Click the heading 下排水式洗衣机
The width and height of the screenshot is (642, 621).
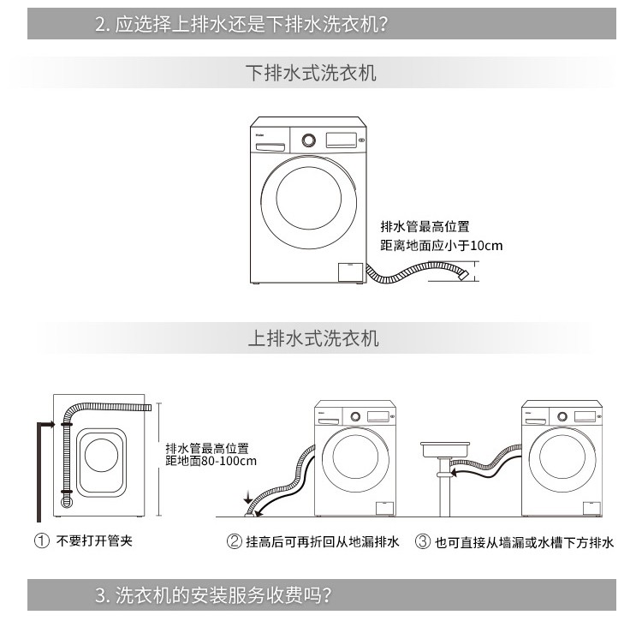pyautogui.click(x=311, y=73)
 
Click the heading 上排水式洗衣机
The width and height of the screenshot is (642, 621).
pyautogui.click(x=313, y=338)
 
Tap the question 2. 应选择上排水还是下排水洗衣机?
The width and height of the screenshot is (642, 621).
pyautogui.click(x=241, y=24)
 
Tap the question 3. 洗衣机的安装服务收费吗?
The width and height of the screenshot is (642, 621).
pyautogui.click(x=213, y=594)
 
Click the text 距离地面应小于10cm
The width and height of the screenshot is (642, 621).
pyautogui.click(x=442, y=245)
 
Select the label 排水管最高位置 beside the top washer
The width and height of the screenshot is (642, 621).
pyautogui.click(x=425, y=226)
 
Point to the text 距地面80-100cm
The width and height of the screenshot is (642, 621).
pyautogui.click(x=211, y=461)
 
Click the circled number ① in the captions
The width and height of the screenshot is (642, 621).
pyautogui.click(x=42, y=540)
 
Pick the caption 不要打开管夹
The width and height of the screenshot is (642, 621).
pyautogui.click(x=94, y=540)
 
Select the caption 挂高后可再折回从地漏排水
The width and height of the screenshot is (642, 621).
pyautogui.click(x=322, y=542)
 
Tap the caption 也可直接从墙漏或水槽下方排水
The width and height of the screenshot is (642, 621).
pyautogui.click(x=525, y=542)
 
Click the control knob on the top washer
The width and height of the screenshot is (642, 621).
pyautogui.click(x=309, y=140)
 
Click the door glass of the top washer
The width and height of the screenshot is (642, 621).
pyautogui.click(x=309, y=198)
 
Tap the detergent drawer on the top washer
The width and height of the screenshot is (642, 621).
pyautogui.click(x=270, y=147)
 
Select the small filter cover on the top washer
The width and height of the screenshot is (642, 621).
pyautogui.click(x=350, y=272)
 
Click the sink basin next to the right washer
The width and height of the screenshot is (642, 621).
pyautogui.click(x=445, y=450)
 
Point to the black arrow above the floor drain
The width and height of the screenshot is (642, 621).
pyautogui.click(x=247, y=497)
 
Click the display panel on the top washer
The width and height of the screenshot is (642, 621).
pyautogui.click(x=341, y=140)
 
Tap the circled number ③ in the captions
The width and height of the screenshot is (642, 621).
pyautogui.click(x=423, y=541)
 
